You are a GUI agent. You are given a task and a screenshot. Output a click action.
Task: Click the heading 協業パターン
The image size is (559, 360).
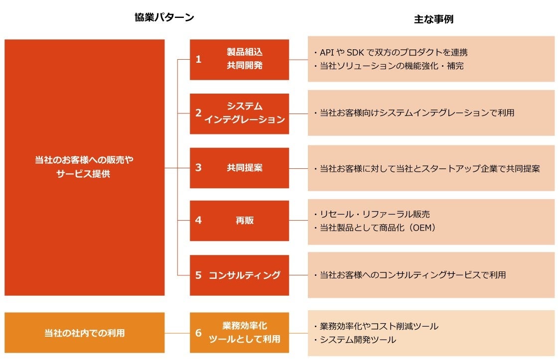(164, 17)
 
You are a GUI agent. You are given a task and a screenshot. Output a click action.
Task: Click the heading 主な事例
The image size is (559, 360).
(433, 19)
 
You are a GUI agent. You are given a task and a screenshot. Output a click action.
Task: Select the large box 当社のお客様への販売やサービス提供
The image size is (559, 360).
(84, 167)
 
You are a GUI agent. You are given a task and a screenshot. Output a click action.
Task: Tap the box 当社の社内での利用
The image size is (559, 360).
(84, 333)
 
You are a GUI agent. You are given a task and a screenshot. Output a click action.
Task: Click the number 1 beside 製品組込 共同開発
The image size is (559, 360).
(198, 59)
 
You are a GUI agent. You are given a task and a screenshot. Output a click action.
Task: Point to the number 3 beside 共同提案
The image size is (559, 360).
(198, 168)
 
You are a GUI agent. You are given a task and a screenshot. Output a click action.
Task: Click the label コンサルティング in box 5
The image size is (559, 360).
(244, 275)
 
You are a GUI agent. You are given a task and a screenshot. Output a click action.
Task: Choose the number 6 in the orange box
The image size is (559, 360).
(198, 333)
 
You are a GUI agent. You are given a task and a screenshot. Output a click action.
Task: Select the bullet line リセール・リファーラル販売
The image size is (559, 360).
(372, 214)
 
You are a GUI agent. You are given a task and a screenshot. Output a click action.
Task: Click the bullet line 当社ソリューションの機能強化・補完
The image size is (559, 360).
(389, 65)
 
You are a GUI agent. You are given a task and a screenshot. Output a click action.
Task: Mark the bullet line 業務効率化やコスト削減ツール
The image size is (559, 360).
(376, 326)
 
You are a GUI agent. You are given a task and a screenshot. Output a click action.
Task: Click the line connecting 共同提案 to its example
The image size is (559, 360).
(298, 168)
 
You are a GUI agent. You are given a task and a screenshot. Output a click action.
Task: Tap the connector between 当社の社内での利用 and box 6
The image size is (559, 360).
(177, 333)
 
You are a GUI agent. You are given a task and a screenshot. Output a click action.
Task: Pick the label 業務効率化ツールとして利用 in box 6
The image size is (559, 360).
(244, 333)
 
